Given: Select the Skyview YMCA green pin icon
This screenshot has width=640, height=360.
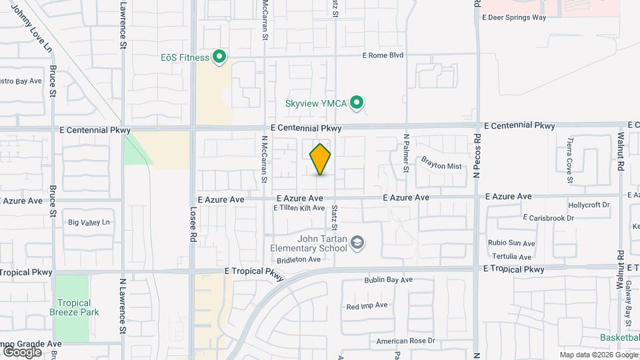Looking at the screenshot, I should [357, 103].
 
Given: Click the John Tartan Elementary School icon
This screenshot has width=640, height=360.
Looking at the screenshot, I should [357, 243].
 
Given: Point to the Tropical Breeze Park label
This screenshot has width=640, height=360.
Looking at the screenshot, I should [74, 307].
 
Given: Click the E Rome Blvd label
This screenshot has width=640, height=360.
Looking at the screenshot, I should [383, 55].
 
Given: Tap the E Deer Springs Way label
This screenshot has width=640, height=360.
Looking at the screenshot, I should [514, 18].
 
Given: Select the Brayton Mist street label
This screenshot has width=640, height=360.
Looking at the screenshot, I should [441, 163].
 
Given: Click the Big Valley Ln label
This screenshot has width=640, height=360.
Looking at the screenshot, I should [88, 223].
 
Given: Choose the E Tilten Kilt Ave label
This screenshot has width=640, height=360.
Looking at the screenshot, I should [299, 208].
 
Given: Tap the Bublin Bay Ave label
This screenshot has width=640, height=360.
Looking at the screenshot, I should [389, 280].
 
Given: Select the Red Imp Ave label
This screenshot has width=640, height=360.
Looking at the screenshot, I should [367, 305].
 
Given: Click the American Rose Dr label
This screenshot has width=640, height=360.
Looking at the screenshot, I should [405, 341].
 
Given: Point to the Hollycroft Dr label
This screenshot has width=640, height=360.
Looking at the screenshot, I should [589, 205].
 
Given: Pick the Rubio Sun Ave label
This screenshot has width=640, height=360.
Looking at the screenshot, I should [512, 243].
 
